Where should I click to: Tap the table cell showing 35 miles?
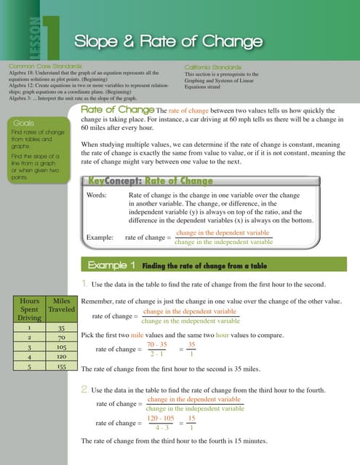point(60,328)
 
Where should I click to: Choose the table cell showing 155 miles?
point(60,368)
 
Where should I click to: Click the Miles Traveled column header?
point(60,304)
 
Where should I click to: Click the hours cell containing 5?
point(30,368)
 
